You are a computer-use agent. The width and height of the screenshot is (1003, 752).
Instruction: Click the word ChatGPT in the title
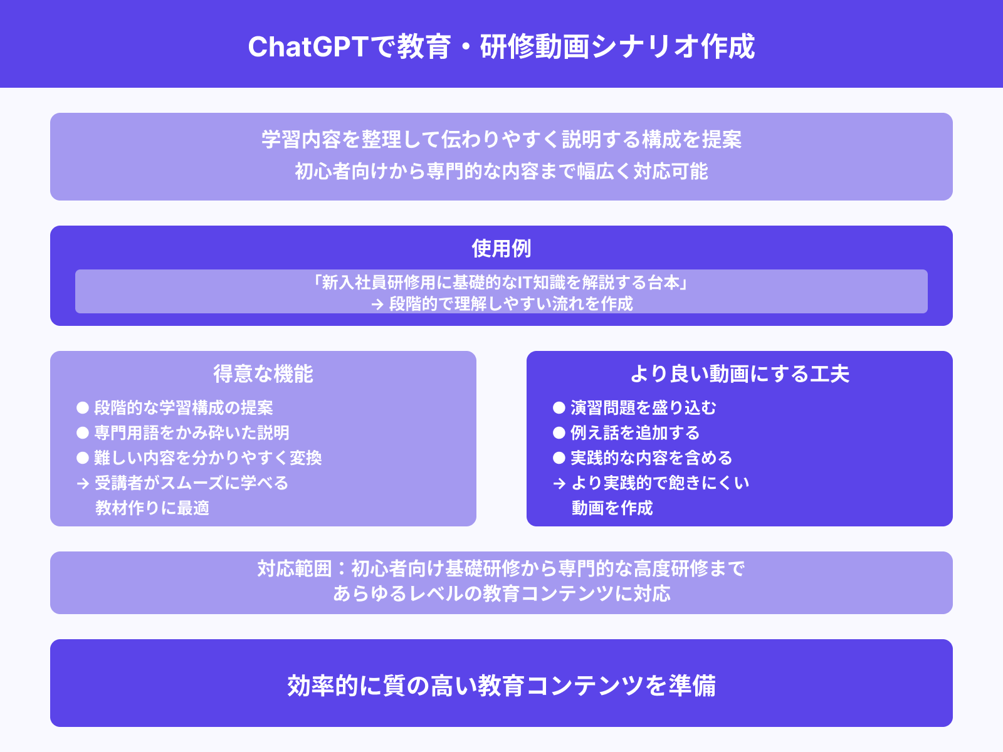click(307, 47)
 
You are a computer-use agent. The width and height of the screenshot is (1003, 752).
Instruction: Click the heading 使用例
click(501, 249)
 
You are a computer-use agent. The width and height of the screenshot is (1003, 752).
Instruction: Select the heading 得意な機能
click(263, 374)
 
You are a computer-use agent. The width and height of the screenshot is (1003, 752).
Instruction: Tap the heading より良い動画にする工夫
click(740, 374)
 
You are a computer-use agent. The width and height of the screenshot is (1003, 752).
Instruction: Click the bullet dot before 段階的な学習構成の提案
click(83, 408)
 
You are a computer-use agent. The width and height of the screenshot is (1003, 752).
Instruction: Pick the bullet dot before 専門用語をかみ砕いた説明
click(83, 433)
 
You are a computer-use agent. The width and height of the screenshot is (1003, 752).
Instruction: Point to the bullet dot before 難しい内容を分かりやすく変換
click(83, 458)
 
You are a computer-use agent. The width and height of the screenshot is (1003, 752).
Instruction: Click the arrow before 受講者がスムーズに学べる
click(83, 484)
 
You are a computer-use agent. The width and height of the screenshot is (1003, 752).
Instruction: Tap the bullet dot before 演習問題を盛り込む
click(559, 408)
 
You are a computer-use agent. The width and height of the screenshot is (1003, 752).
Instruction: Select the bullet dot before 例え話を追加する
click(559, 433)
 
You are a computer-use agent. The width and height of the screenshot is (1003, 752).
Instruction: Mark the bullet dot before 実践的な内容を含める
click(559, 458)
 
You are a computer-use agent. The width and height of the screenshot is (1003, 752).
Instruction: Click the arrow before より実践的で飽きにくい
click(559, 484)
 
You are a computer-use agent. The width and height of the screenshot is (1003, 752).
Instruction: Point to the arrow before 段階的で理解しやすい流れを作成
click(377, 305)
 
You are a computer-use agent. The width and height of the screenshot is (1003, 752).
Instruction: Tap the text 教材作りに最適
click(152, 508)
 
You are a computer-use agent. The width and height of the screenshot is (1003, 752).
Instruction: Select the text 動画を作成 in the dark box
click(612, 508)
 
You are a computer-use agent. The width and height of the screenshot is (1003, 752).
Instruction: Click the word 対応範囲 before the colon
click(294, 568)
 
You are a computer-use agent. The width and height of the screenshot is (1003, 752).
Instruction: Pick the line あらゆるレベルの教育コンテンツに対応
click(501, 593)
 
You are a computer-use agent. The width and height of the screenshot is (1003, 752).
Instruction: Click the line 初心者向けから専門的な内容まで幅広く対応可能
click(501, 171)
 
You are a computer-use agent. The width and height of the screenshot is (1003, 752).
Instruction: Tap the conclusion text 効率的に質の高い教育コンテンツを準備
click(501, 686)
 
